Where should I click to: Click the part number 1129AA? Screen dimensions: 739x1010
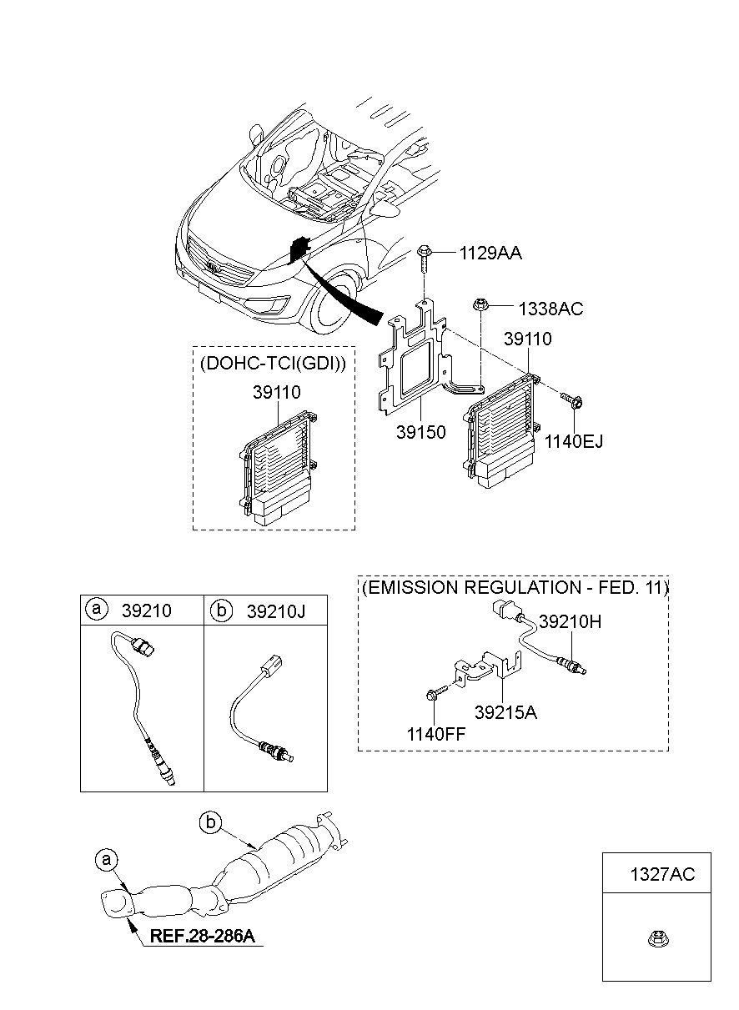tap(490, 254)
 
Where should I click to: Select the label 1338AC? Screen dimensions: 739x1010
tap(550, 309)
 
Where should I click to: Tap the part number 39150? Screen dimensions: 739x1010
tap(420, 432)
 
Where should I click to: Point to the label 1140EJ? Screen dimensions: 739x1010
tap(574, 441)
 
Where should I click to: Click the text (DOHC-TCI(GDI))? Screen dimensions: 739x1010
tap(274, 363)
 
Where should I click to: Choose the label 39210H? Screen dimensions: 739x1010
tap(570, 622)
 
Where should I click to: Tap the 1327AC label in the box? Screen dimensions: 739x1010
tap(662, 874)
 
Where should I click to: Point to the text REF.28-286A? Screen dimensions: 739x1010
tap(202, 936)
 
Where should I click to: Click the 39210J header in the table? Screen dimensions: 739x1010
tap(275, 611)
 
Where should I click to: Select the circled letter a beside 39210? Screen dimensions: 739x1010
tap(97, 609)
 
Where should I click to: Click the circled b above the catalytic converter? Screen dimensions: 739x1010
tap(210, 823)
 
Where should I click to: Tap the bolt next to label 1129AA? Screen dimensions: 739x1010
tap(424, 259)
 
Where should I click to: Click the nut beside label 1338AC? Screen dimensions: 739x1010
tap(480, 304)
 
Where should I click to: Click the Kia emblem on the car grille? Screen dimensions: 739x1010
tap(212, 266)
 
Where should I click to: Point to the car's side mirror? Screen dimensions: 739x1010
tap(256, 134)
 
